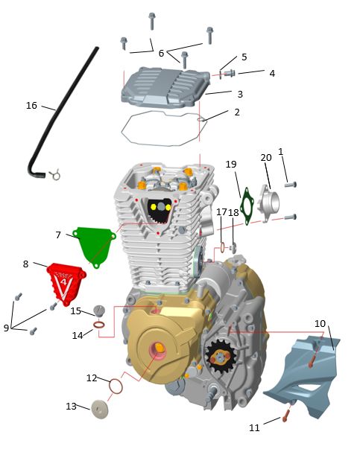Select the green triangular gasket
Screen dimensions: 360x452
[94, 245]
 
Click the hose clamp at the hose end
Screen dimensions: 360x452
[55, 174]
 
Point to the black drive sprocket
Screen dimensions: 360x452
[221, 357]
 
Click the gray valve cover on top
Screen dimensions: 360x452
[165, 87]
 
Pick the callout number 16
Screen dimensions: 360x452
[31, 106]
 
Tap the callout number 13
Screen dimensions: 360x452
[72, 406]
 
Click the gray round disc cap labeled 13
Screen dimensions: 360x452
[100, 409]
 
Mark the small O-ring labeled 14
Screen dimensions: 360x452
[99, 325]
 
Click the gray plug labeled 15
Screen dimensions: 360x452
[99, 311]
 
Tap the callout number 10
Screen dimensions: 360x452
[320, 323]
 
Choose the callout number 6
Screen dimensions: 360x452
[161, 53]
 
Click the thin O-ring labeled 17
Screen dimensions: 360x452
[222, 248]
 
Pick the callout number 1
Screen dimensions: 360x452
[281, 151]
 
